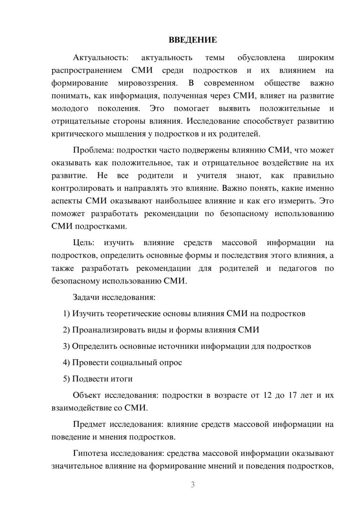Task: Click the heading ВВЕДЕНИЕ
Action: [x=193, y=40]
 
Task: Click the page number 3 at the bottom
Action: [x=193, y=485]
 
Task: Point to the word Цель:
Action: [x=84, y=243]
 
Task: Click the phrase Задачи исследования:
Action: [x=114, y=297]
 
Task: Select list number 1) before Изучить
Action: [x=67, y=314]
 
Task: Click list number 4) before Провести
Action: [x=67, y=362]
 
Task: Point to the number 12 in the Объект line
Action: [x=267, y=395]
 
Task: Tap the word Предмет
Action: [x=89, y=424]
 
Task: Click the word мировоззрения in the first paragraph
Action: [x=148, y=83]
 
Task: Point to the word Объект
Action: [x=87, y=395]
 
